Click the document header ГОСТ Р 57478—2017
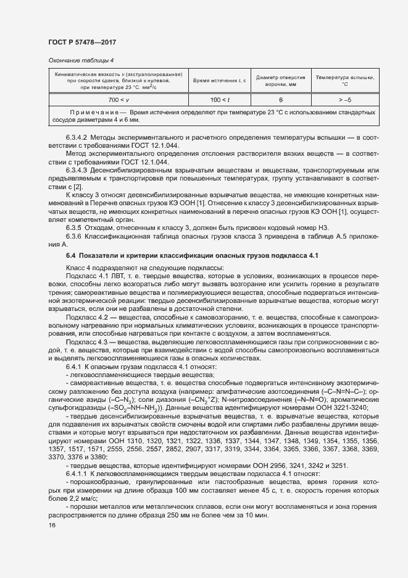(81, 41)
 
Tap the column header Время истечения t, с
(220, 81)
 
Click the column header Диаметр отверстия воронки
(280, 80)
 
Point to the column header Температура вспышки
(345, 80)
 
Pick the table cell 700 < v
(118, 99)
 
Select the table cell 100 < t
(220, 99)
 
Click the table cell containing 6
(280, 99)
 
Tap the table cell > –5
(345, 99)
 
